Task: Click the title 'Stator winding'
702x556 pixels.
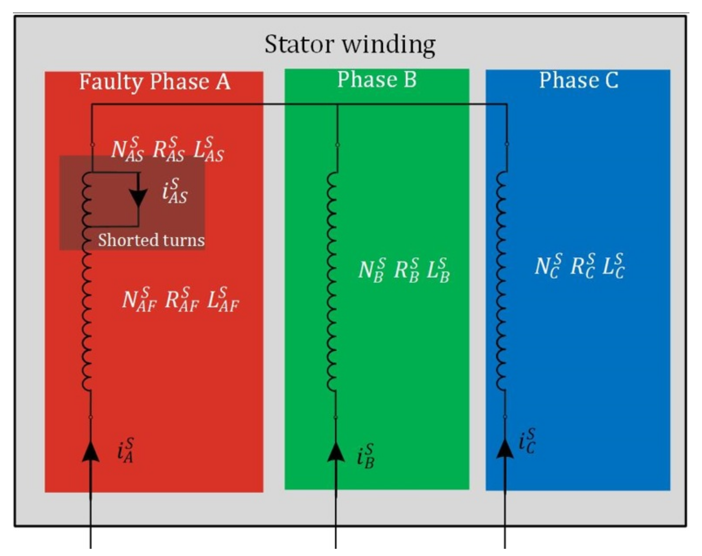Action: (350, 44)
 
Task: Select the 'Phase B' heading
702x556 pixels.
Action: (377, 79)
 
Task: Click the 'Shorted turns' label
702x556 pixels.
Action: (151, 240)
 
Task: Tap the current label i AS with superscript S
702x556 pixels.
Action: (175, 191)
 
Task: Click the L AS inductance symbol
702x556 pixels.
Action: (209, 150)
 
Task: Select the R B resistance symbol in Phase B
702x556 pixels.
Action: (406, 270)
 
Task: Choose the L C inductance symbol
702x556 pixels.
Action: (613, 266)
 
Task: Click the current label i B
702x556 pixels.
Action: (365, 456)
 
